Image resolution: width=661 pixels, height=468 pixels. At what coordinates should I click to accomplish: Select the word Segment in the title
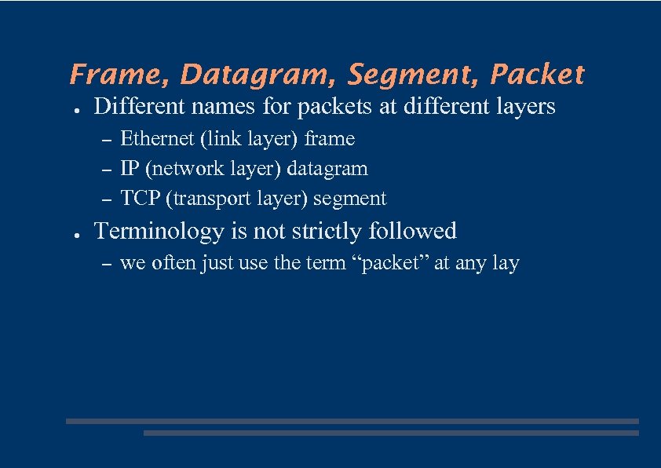[x=413, y=75]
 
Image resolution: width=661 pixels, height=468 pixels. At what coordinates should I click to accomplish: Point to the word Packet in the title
[x=537, y=75]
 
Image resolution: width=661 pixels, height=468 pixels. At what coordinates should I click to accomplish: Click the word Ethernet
[x=156, y=139]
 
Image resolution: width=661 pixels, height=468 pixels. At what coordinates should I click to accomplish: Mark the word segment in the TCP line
[x=349, y=199]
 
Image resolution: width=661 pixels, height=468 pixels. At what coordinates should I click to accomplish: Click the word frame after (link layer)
[x=330, y=139]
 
